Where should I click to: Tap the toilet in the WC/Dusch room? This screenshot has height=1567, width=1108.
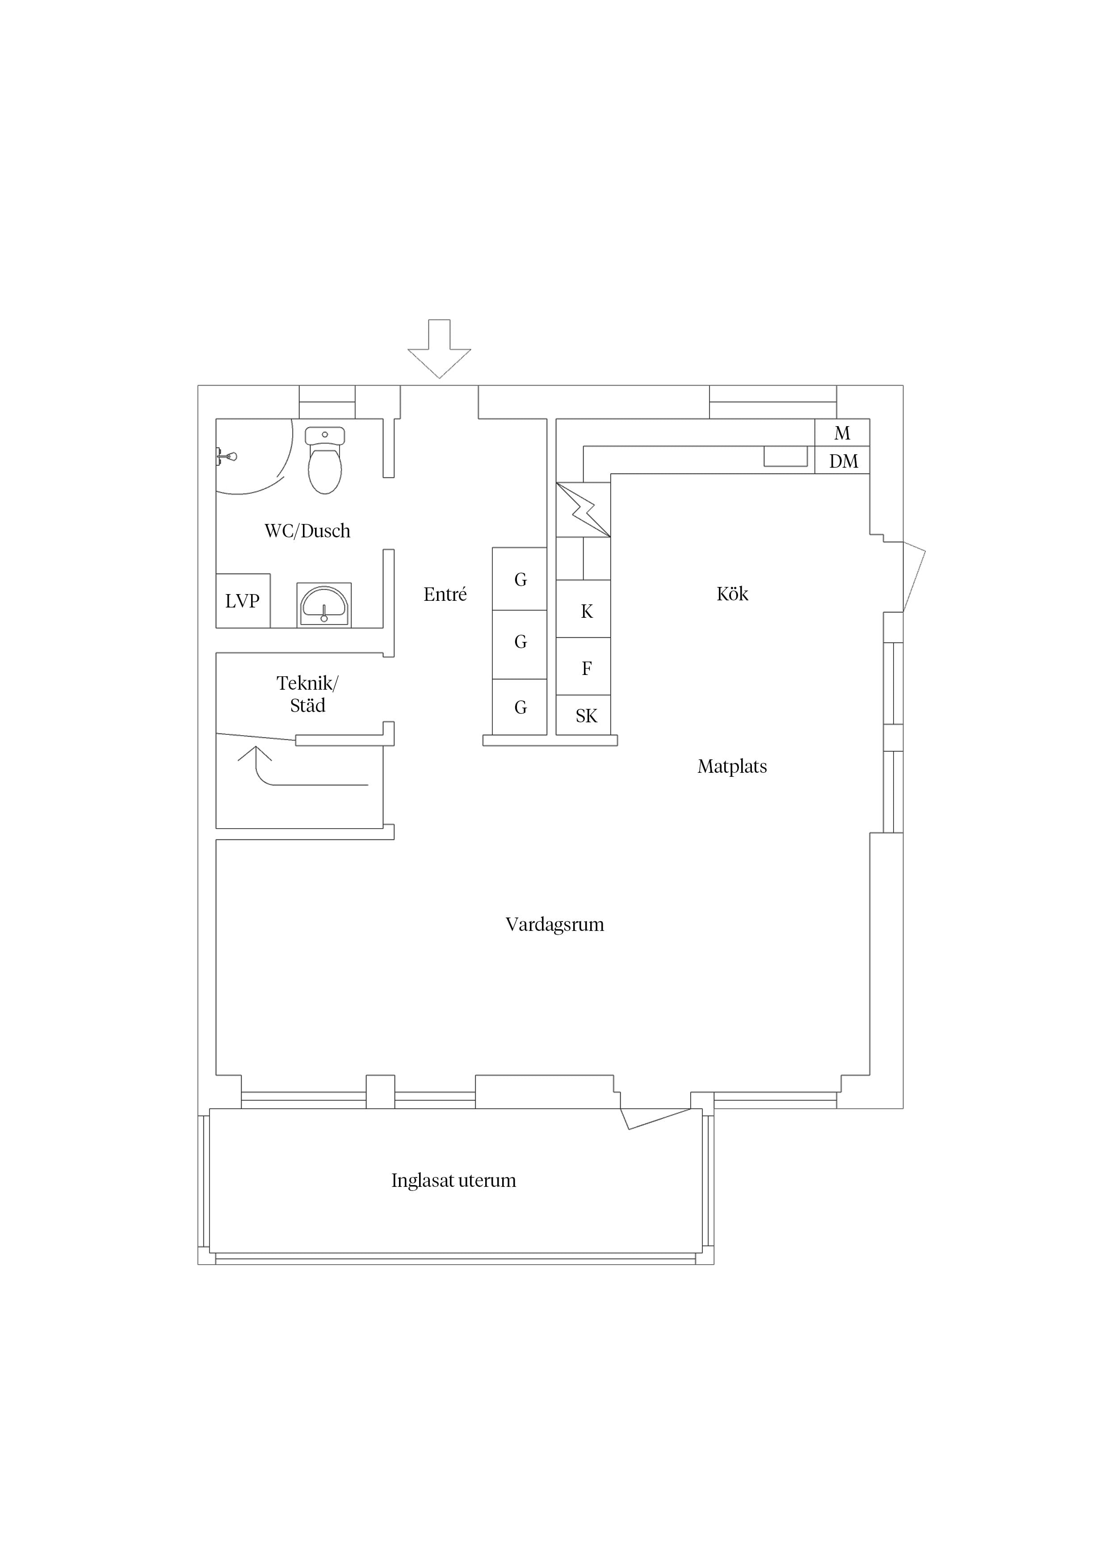tap(325, 460)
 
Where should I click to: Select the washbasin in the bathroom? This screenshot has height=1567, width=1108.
tap(324, 605)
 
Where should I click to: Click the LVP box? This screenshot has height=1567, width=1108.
tap(243, 601)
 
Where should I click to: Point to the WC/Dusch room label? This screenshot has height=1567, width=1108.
tap(307, 531)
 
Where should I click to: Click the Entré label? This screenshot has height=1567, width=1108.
tap(445, 595)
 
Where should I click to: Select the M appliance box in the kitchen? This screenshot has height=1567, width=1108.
tap(843, 433)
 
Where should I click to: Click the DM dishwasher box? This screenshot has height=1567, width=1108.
tap(843, 461)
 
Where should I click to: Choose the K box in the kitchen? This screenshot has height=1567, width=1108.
tap(583, 609)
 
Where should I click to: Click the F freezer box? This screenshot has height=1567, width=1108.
tap(583, 667)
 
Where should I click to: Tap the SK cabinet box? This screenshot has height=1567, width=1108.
tap(583, 715)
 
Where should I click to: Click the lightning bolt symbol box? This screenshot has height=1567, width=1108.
tap(583, 510)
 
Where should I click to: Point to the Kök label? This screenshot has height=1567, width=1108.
tap(733, 594)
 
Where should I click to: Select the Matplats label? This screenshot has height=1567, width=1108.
tap(733, 767)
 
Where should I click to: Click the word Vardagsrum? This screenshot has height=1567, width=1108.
tap(555, 925)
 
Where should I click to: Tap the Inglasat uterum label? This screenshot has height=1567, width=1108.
tap(454, 1180)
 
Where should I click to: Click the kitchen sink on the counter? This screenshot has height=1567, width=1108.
tap(786, 457)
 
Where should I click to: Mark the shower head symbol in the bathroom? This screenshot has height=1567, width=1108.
tap(227, 455)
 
